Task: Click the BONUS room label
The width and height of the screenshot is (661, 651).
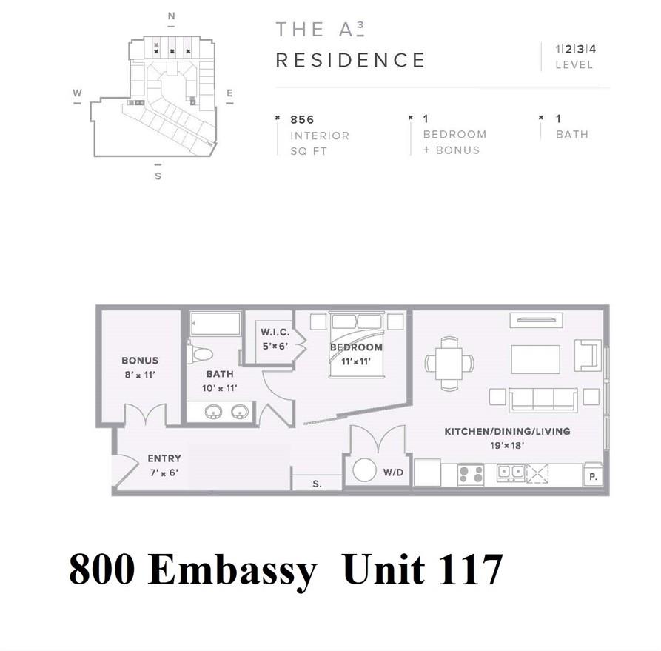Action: point(140,361)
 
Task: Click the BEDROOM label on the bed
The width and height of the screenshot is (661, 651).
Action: point(356,347)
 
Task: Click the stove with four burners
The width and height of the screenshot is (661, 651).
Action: point(471,474)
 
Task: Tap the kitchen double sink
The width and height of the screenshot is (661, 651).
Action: point(511,472)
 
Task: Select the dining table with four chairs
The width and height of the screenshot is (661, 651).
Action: point(449,363)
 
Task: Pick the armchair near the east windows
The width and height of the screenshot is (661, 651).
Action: point(588,355)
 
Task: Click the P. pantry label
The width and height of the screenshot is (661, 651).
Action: point(592,477)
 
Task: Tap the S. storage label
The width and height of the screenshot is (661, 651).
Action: point(317,484)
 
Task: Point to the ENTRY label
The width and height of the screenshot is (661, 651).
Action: point(164,458)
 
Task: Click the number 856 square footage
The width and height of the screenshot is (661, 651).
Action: point(302,119)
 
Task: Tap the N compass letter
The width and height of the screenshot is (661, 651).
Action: point(171,16)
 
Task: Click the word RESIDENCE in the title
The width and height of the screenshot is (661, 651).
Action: point(350,60)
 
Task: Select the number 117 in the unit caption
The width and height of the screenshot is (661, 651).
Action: point(465,571)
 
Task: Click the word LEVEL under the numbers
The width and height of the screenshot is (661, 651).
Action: point(574,65)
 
